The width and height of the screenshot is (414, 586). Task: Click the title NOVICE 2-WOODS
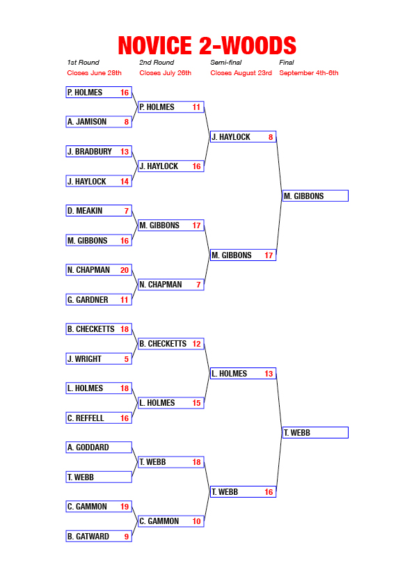(207, 46)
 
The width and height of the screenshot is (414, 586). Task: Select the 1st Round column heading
(83, 63)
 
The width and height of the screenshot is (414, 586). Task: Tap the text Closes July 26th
(165, 73)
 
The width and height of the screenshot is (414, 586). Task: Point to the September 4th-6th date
(309, 73)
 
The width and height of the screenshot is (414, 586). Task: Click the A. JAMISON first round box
(99, 122)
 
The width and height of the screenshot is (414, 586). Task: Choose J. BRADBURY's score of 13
(125, 152)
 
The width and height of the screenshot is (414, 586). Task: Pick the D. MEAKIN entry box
(99, 211)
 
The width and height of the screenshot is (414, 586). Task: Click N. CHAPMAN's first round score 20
(125, 270)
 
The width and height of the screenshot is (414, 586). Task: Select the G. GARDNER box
(99, 300)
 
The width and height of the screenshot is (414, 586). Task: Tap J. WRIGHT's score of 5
(127, 359)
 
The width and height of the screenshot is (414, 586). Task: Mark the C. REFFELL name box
(99, 418)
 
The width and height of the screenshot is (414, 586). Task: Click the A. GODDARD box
(99, 448)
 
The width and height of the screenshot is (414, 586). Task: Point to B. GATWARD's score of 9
(127, 537)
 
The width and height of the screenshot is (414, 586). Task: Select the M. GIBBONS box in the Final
(315, 196)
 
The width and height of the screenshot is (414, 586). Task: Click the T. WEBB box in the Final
(315, 433)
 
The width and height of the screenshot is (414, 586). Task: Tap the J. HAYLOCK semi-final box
(244, 137)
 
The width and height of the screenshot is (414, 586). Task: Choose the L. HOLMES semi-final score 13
(269, 374)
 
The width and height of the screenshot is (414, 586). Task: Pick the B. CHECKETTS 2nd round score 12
(196, 344)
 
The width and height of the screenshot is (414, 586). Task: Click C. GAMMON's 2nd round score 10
(196, 521)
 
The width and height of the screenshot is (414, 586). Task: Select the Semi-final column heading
(225, 63)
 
